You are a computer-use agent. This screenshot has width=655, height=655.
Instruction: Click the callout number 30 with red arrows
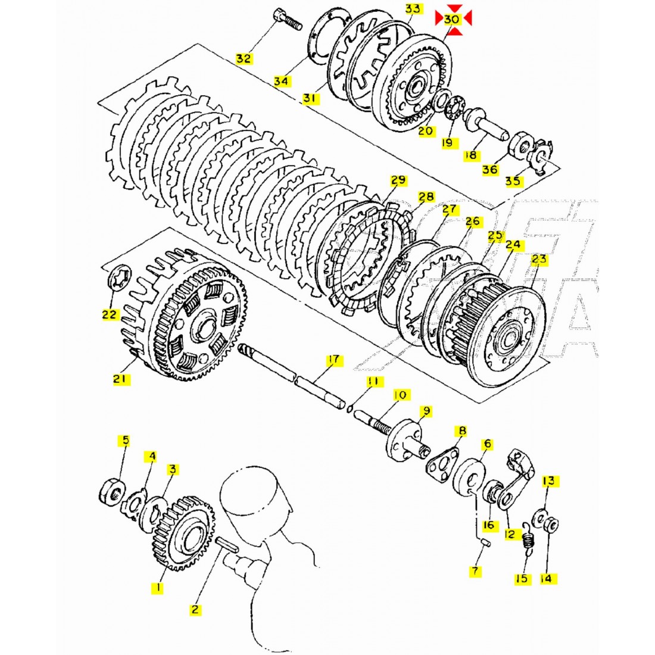point(453,18)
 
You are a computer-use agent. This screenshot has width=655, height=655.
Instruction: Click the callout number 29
point(398,180)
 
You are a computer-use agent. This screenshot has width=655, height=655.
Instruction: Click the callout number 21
point(121,378)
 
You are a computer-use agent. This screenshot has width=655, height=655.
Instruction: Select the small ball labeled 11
point(351,407)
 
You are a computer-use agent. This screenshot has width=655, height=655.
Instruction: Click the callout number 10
point(400,395)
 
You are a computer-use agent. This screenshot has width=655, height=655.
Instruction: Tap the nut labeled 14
point(552,525)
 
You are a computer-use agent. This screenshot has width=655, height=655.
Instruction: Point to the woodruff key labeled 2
point(229,544)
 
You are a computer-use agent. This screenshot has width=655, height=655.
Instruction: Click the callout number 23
point(539,260)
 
